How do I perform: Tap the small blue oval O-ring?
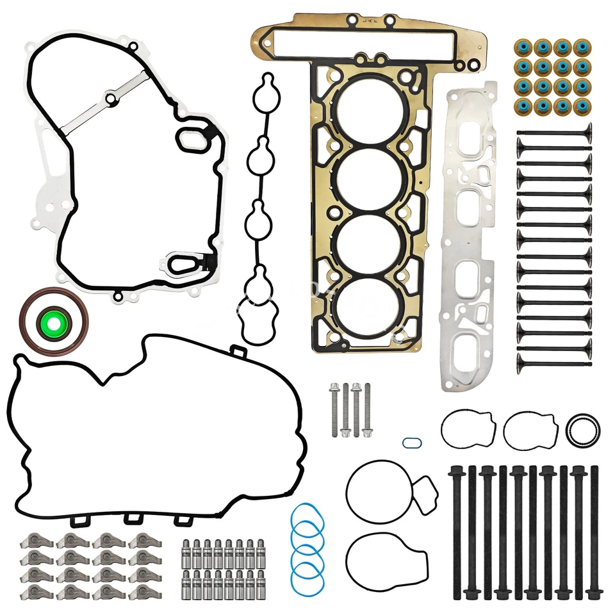click(411, 443)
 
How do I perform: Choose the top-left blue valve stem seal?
click(524, 48)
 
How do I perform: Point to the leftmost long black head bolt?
click(457, 532)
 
